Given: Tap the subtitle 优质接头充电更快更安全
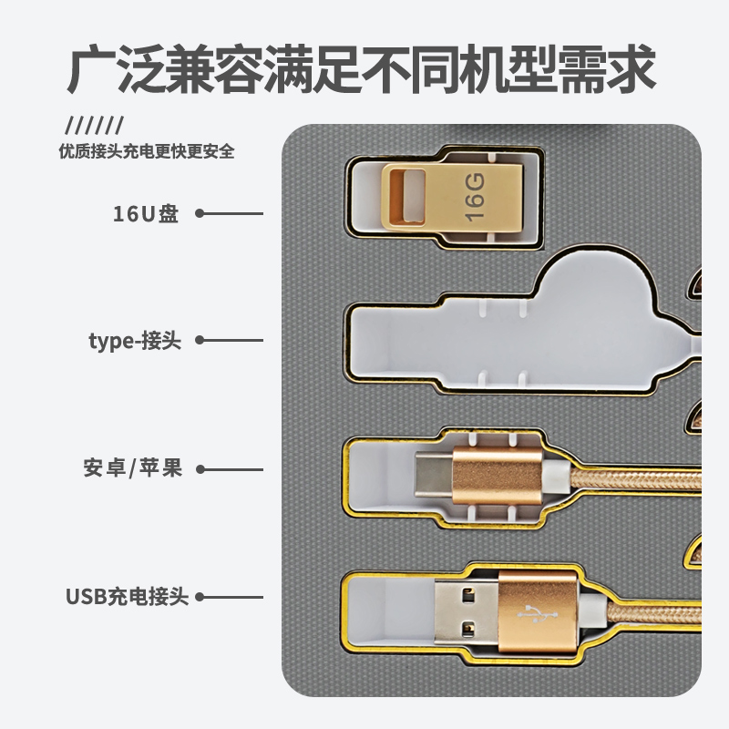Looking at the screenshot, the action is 146,151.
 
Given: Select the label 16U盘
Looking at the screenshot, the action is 146,214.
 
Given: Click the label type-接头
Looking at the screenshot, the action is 135,342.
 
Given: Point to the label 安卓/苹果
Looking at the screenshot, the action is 133,469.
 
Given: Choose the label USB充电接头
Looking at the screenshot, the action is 128,598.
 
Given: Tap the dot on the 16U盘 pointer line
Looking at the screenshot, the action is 200,214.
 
